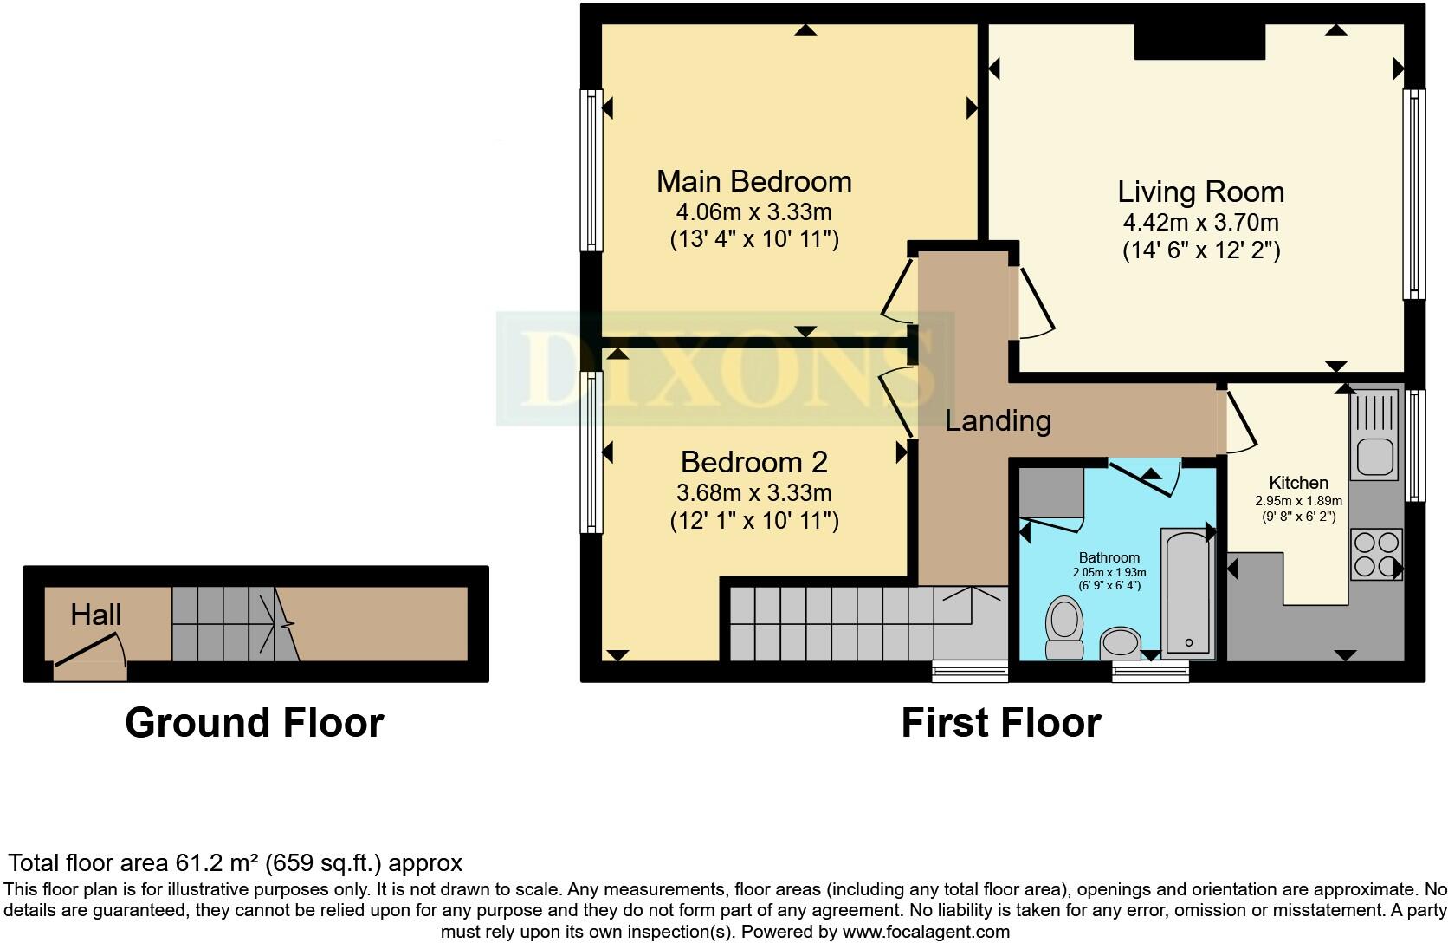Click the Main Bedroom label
(753, 181)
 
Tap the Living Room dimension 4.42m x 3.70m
(1200, 222)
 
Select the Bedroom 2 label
(753, 462)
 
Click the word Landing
(998, 421)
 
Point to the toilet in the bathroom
(1065, 626)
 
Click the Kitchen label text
(1298, 483)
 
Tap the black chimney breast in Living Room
(1199, 42)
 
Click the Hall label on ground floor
(95, 615)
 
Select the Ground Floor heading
(254, 723)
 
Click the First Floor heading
(1000, 723)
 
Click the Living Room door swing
(1035, 303)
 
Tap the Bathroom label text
(1109, 557)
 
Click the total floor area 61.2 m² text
(235, 863)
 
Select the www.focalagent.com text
(926, 933)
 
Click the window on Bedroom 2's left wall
(592, 452)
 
